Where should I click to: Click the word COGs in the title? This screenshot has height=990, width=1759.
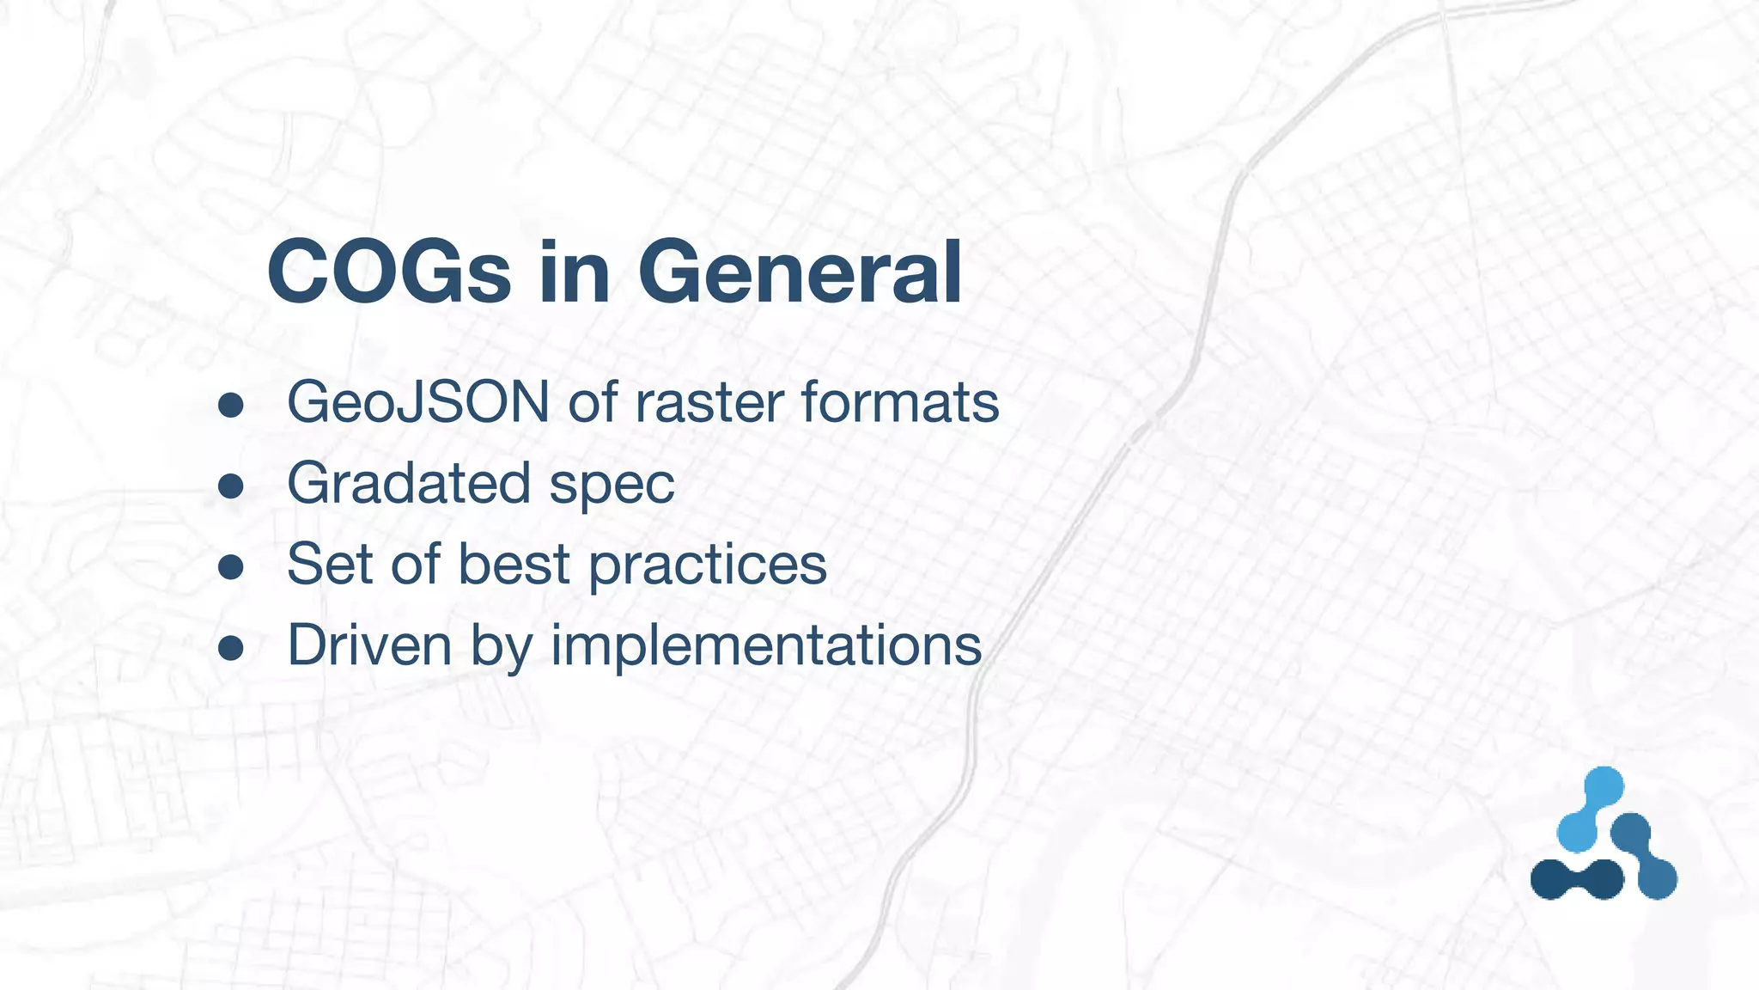coord(389,272)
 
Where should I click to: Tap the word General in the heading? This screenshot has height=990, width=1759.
coord(800,272)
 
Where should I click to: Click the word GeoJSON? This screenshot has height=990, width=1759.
coord(418,401)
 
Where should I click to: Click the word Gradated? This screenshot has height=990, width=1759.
coord(408,483)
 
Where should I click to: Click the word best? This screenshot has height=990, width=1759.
coord(514,564)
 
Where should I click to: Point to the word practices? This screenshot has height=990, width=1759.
coord(708,565)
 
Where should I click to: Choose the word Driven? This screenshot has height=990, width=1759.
coord(369,645)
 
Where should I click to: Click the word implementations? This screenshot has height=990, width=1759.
coord(765,646)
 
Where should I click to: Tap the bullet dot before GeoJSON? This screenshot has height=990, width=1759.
coord(230,405)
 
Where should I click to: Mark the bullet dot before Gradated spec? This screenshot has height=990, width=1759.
coord(230,486)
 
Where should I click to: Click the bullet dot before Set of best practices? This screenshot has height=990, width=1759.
coord(230,567)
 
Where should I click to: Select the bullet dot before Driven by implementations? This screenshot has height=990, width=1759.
coord(230,648)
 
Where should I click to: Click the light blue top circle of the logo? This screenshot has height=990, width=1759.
coord(1603,786)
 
